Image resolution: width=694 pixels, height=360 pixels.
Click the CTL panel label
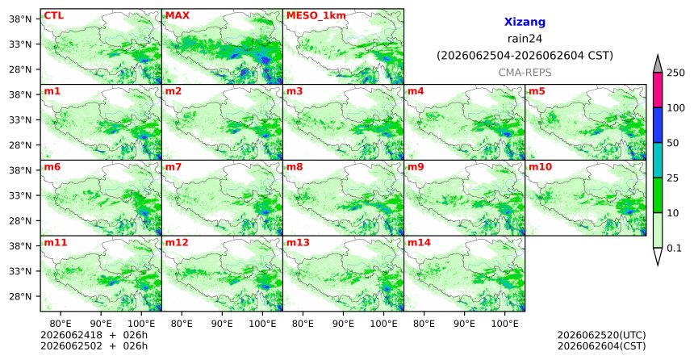point(53,15)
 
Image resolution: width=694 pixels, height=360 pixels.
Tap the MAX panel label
point(177,15)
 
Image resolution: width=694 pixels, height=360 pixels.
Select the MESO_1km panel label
point(316,16)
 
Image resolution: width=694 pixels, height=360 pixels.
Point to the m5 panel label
point(537,91)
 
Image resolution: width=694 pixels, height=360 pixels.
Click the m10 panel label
point(540,167)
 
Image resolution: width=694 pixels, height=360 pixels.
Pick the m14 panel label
point(419,243)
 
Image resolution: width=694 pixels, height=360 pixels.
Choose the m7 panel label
point(173,167)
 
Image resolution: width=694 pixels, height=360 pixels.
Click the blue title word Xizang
point(525,22)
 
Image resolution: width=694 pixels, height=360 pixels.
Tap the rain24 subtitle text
point(525,39)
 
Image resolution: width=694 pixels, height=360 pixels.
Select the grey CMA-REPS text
point(525,73)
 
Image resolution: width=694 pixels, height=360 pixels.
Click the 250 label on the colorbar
point(676,73)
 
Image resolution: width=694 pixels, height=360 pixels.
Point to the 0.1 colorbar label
point(674,249)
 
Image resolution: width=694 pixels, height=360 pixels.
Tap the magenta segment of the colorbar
point(658,90)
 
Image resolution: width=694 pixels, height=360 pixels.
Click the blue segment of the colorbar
point(658,125)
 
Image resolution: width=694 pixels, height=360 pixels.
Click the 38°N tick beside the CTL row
point(20,19)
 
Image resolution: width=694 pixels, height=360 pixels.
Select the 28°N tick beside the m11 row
point(20,296)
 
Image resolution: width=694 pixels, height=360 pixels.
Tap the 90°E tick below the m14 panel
point(464,324)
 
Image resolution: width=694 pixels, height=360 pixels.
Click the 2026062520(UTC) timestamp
point(601,335)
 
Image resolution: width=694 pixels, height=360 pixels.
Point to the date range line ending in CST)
point(525,56)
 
